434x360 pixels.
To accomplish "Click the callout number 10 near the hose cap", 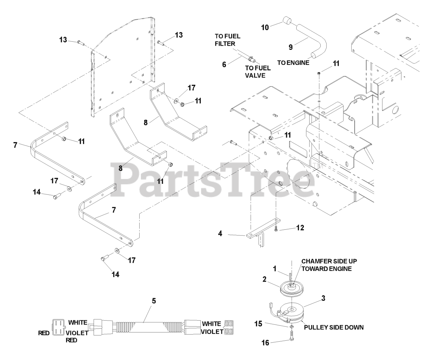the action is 265,27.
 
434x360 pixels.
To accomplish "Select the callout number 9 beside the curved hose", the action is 291,47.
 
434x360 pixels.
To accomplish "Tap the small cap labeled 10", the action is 287,21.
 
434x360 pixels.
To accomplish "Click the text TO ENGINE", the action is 293,62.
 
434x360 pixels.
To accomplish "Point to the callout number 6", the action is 224,64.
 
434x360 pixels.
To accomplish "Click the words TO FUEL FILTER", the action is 228,40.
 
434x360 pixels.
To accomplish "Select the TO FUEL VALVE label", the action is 258,72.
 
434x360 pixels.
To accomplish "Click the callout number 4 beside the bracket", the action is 220,233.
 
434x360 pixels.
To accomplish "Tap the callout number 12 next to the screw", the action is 300,228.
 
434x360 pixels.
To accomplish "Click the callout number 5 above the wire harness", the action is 154,301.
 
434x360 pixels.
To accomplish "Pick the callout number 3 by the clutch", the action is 323,298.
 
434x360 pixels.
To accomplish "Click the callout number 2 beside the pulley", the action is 264,279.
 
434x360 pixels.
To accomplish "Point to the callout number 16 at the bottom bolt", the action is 265,343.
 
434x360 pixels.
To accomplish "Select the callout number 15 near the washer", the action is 258,324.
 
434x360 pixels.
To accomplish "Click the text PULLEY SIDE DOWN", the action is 334,327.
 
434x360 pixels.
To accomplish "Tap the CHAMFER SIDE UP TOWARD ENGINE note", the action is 329,265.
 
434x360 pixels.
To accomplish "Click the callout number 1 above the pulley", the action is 275,269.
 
